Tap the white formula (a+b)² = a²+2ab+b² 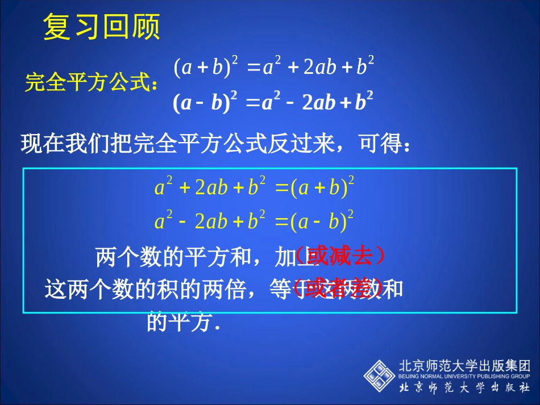tap(273, 68)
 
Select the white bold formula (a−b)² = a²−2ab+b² tap(273, 102)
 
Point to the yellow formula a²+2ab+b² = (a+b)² tap(255, 188)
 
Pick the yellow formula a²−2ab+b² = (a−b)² tap(255, 221)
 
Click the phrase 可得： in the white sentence tap(384, 144)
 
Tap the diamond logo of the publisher tap(379, 375)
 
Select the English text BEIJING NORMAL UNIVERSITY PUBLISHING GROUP tap(465, 376)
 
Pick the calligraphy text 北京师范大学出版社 tap(465, 388)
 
